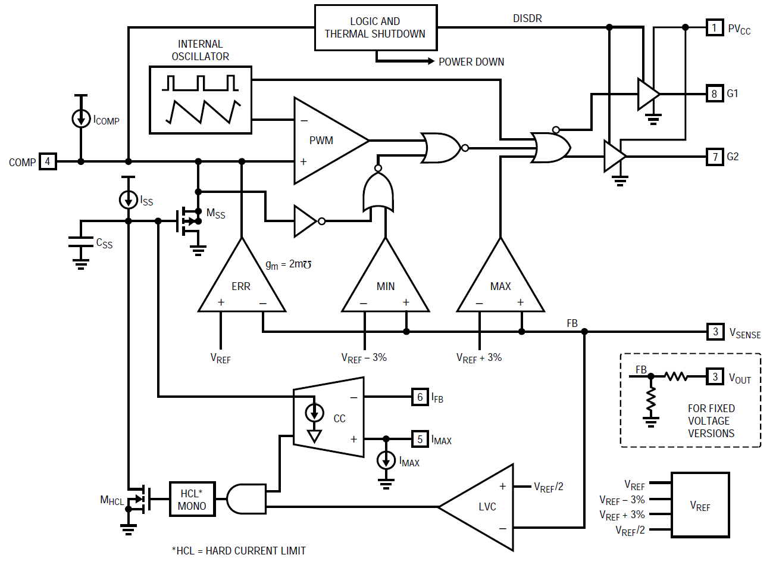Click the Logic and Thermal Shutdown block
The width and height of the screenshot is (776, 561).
point(376,28)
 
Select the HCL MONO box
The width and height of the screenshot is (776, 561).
point(192,499)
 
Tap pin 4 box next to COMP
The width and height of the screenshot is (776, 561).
point(48,161)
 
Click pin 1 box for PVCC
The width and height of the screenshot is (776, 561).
point(715,28)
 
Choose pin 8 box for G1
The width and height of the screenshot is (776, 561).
point(715,93)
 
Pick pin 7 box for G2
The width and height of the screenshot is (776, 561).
point(715,157)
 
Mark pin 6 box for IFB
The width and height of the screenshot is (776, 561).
point(420,397)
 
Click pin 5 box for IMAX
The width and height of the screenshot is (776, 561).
point(420,439)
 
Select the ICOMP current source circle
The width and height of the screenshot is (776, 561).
point(81,119)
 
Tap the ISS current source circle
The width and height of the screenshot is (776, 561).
point(128,200)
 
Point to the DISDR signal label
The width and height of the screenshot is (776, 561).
point(527,18)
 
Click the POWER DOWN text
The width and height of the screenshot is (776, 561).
point(471,62)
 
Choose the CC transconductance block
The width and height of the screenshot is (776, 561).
point(328,417)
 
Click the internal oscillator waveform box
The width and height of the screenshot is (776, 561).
point(201,100)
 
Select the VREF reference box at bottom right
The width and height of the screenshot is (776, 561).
point(700,505)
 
